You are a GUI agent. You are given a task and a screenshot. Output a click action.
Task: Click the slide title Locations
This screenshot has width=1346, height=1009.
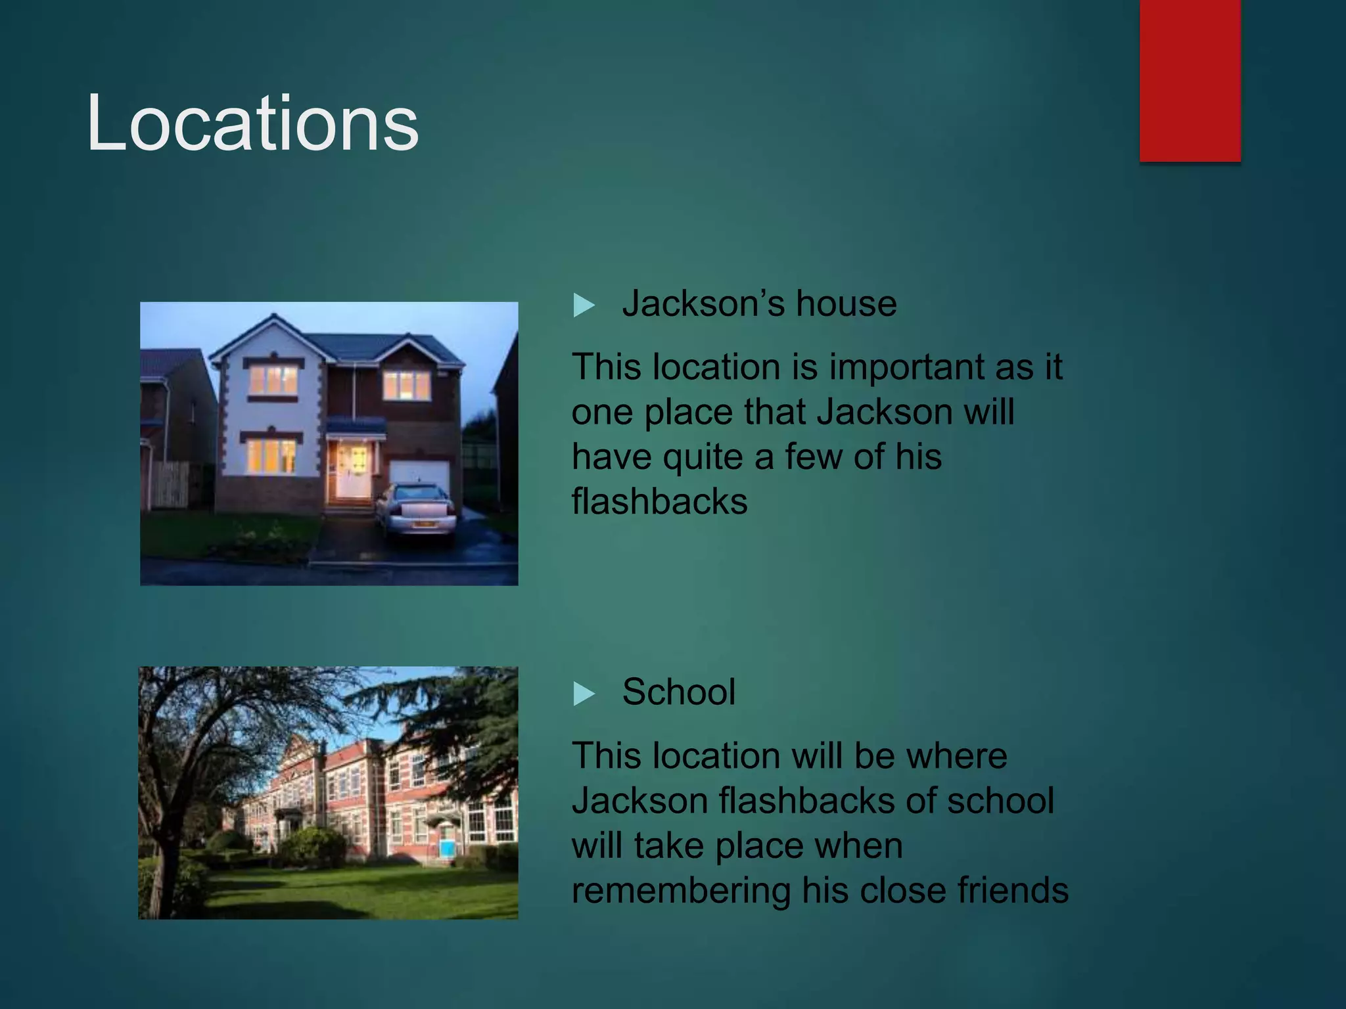pos(252,123)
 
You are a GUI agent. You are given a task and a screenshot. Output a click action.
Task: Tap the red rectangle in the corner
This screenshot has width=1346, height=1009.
pos(1190,80)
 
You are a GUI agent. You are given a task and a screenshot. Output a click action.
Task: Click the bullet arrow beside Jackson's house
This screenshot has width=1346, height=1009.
pos(584,305)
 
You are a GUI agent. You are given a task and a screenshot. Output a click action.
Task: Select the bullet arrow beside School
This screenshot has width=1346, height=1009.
pos(584,694)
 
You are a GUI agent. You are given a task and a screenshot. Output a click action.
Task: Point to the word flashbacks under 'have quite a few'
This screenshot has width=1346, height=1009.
pos(659,502)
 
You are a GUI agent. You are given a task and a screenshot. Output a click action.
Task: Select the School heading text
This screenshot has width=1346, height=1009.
pos(678,692)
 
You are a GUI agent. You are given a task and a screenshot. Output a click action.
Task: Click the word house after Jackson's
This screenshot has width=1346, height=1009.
pos(846,304)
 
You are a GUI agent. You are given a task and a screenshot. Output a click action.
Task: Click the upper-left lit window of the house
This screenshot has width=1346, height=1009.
pos(273,381)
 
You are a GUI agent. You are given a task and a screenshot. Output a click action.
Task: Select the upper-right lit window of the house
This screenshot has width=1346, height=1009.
pos(406,386)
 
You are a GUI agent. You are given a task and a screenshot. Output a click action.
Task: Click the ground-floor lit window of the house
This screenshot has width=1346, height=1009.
pos(270,456)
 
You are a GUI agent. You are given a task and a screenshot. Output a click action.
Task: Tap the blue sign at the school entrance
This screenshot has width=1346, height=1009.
pos(447,847)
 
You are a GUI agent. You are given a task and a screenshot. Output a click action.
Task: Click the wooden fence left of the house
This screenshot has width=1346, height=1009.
pos(170,485)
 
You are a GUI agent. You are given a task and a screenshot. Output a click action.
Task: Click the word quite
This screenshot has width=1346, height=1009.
pos(702,457)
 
